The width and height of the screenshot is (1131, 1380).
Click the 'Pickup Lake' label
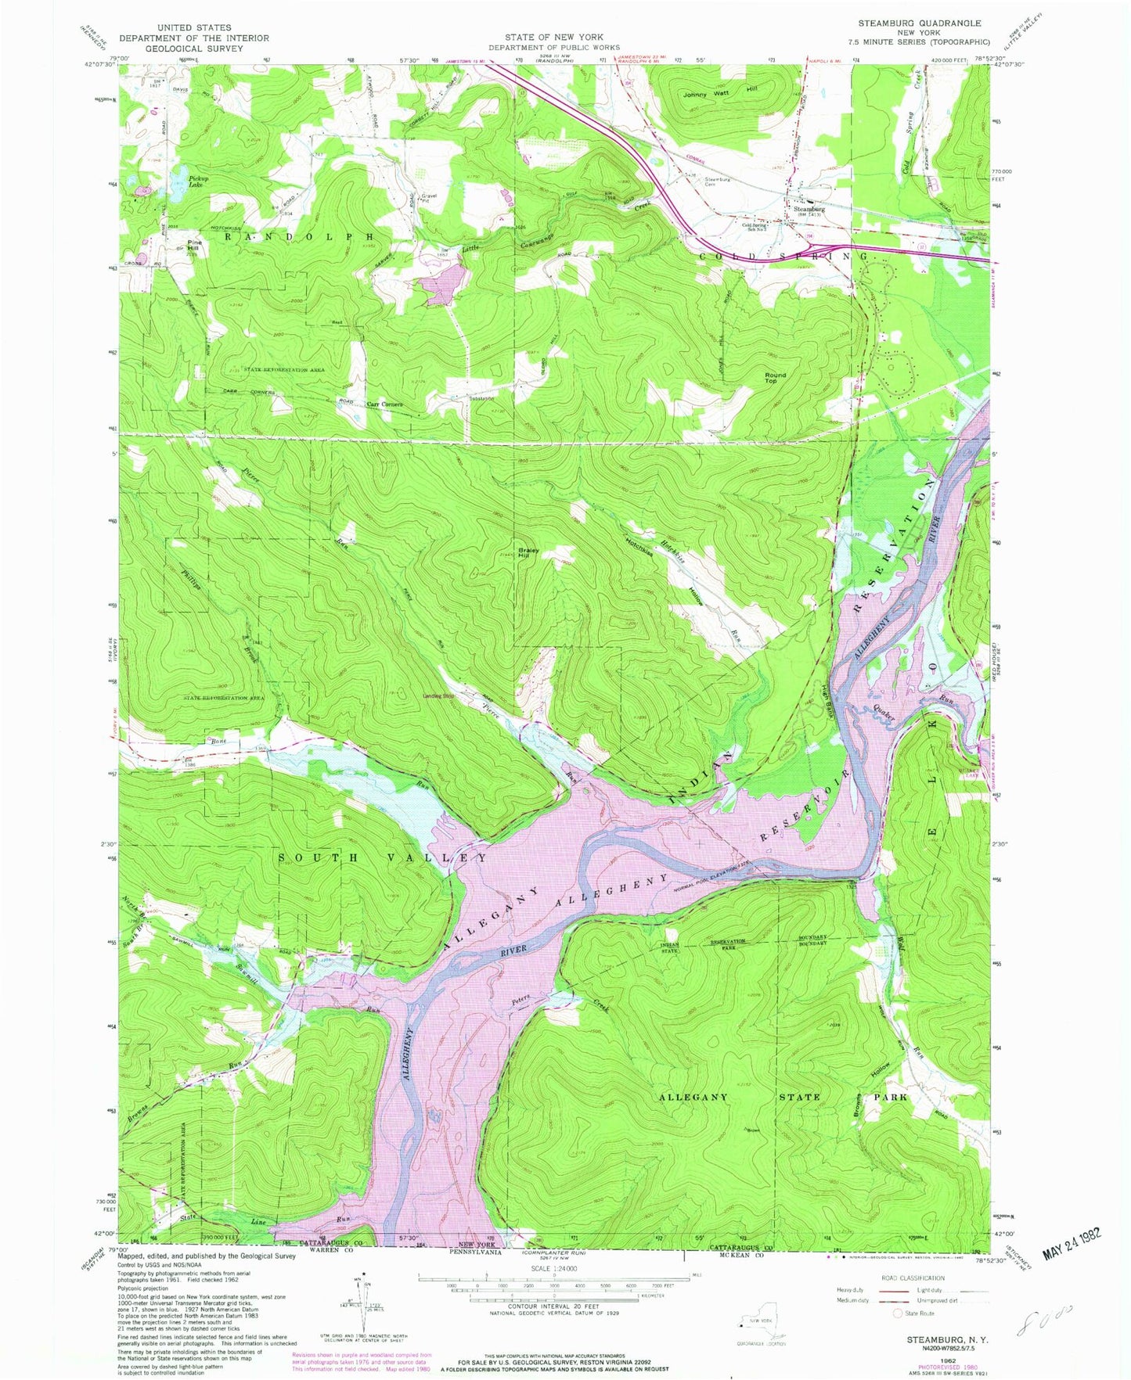[196, 181]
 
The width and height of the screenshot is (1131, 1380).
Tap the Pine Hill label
[195, 245]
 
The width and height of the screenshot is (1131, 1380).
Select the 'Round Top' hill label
[775, 377]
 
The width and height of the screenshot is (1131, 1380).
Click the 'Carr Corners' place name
[384, 404]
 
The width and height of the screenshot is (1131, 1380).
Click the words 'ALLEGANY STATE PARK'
[783, 1097]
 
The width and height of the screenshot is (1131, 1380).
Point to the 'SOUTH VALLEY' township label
[384, 857]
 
